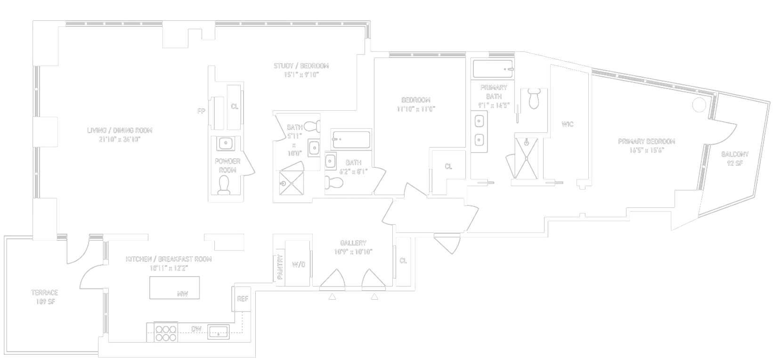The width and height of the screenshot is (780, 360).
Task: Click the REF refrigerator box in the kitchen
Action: pyautogui.click(x=242, y=299)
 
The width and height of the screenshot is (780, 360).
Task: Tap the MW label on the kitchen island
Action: pyautogui.click(x=182, y=294)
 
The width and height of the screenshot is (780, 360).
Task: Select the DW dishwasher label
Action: pyautogui.click(x=196, y=329)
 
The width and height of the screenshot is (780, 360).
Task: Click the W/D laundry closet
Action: pyautogui.click(x=299, y=264)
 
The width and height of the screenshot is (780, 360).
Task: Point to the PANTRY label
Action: pyautogui.click(x=280, y=267)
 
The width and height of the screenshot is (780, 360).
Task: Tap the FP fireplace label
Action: pyautogui.click(x=201, y=112)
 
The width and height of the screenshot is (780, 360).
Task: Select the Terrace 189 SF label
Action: pyautogui.click(x=45, y=297)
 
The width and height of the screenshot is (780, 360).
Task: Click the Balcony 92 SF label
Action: pyautogui.click(x=735, y=159)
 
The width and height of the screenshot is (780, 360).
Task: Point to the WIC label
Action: pyautogui.click(x=568, y=124)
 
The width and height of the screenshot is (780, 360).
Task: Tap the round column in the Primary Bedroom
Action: pyautogui.click(x=699, y=105)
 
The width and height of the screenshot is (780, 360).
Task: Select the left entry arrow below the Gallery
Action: pyautogui.click(x=333, y=296)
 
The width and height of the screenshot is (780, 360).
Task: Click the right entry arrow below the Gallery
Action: pyautogui.click(x=374, y=296)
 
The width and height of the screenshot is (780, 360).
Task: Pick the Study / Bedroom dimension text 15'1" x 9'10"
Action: pyautogui.click(x=301, y=74)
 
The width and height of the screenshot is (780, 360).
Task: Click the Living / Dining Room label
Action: pyautogui.click(x=120, y=131)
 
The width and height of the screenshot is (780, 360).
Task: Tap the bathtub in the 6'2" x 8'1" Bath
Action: pyautogui.click(x=351, y=139)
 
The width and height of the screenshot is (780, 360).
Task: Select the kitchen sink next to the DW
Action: pyautogui.click(x=218, y=331)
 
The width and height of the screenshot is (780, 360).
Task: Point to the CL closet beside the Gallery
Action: pyautogui.click(x=403, y=261)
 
